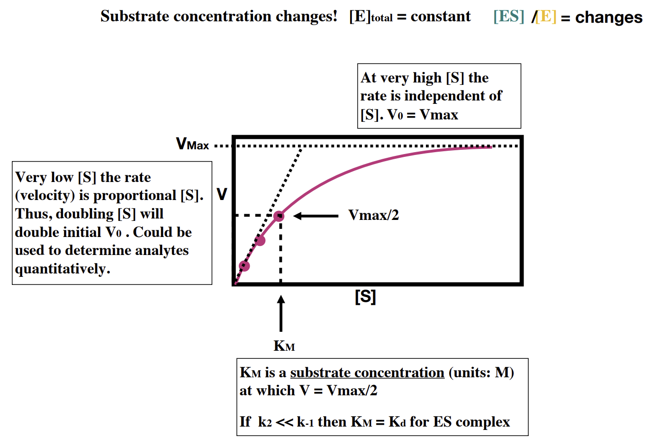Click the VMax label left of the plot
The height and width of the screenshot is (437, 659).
pyautogui.click(x=192, y=144)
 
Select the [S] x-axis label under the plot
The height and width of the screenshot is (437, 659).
pyautogui.click(x=365, y=297)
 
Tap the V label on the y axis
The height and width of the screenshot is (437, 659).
pyautogui.click(x=221, y=194)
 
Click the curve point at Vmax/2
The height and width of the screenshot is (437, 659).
pyautogui.click(x=279, y=216)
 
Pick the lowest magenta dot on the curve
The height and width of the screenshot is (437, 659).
pyautogui.click(x=244, y=266)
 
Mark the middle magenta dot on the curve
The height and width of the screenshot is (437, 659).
pyautogui.click(x=260, y=241)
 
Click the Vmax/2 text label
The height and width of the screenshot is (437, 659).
pyautogui.click(x=373, y=215)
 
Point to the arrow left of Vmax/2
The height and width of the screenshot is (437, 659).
pyautogui.click(x=316, y=216)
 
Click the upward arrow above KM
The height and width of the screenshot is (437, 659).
pyautogui.click(x=281, y=313)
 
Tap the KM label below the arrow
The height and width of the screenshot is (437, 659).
pyautogui.click(x=284, y=346)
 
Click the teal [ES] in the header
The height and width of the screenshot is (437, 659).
pyautogui.click(x=508, y=17)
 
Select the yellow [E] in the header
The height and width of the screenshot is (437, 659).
pyautogui.click(x=546, y=17)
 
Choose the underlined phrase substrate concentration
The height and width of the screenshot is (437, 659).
pyautogui.click(x=367, y=373)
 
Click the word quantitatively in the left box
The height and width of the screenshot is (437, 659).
pyautogui.click(x=63, y=269)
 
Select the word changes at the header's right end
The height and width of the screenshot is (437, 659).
pyautogui.click(x=609, y=18)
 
